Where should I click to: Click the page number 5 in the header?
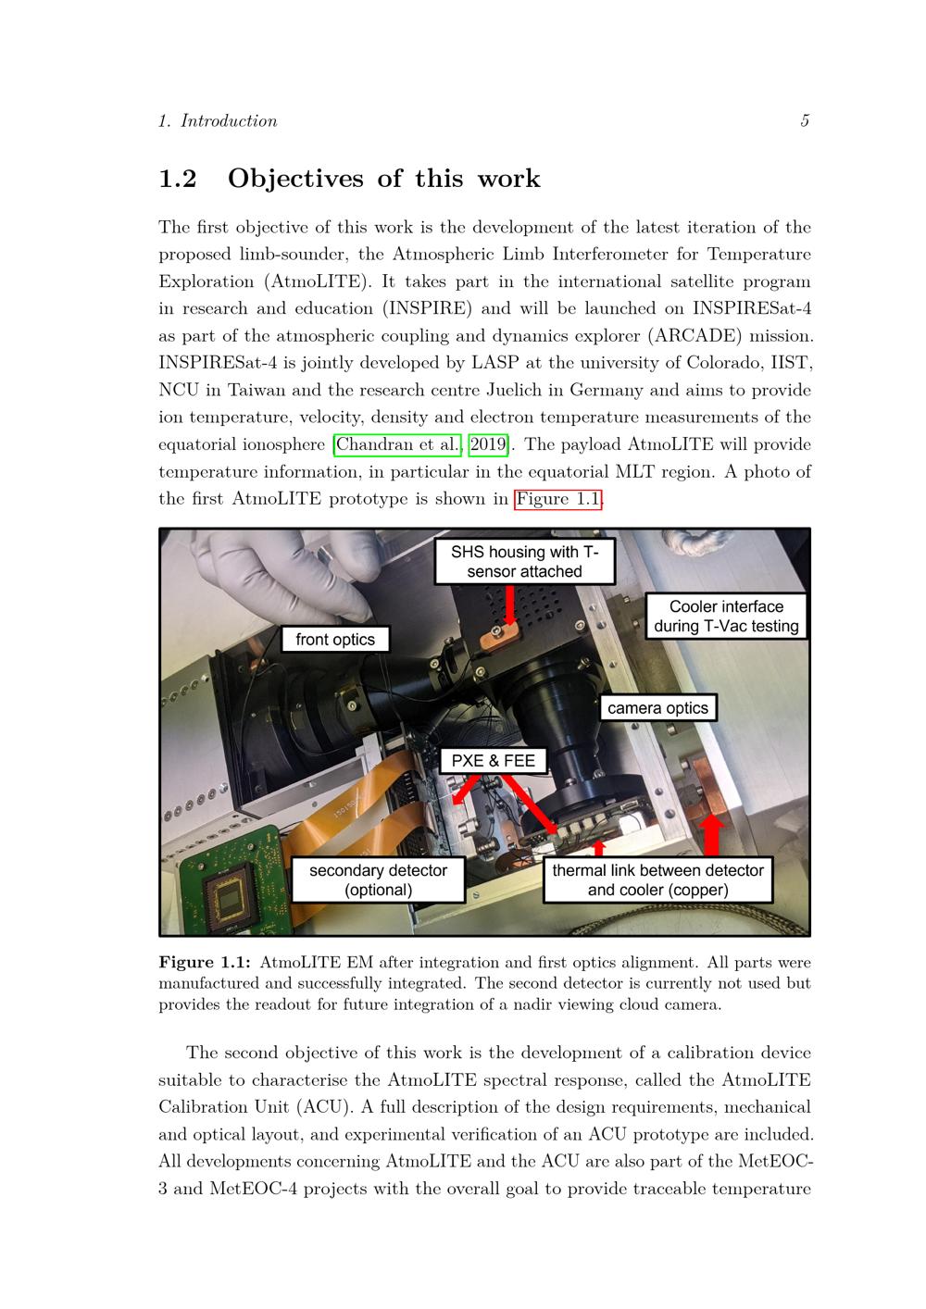[x=805, y=120]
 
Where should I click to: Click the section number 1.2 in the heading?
[x=178, y=179]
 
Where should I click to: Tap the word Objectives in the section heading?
[x=295, y=179]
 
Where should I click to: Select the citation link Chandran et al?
[x=397, y=444]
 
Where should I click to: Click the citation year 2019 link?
[x=488, y=444]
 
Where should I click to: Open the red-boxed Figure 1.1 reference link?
[x=557, y=499]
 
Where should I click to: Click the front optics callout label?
[x=335, y=640]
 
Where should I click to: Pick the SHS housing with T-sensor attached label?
[x=524, y=561]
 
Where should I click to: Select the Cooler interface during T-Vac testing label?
[x=726, y=616]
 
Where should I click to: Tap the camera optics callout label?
[x=657, y=707]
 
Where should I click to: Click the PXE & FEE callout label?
[x=493, y=760]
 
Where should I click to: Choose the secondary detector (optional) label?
[x=378, y=879]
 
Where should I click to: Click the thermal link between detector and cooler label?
[x=657, y=879]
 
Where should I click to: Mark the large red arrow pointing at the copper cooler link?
[x=711, y=836]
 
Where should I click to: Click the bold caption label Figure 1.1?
[x=205, y=963]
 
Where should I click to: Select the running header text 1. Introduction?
[x=218, y=120]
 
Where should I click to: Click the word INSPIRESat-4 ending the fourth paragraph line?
[x=752, y=308]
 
